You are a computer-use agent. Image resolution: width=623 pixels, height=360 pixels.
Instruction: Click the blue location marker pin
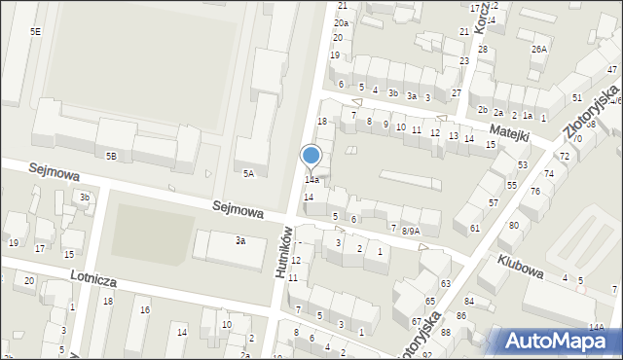coord(311,157)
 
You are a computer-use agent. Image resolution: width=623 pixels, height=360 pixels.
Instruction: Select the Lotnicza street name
coord(94,281)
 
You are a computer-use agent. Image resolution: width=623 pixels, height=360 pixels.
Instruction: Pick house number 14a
coord(311,180)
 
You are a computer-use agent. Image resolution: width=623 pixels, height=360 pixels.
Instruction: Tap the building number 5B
coord(111,156)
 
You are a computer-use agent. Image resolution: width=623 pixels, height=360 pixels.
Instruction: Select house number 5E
coord(35,32)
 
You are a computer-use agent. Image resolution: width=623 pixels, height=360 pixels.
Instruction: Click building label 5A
coord(248,174)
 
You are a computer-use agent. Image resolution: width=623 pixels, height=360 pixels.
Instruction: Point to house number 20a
coord(341,22)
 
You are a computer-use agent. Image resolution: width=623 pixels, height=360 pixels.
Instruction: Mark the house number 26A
coord(538,49)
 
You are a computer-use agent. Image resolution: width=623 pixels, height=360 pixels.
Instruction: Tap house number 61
coord(474,228)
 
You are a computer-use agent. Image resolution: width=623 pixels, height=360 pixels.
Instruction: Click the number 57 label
coord(494,202)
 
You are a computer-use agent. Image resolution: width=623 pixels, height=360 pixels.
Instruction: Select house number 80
coord(513,226)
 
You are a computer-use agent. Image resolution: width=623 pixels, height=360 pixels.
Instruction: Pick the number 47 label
coord(611,69)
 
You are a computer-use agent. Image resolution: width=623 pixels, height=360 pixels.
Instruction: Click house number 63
coord(445,283)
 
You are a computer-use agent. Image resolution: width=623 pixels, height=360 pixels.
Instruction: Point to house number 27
coord(456,92)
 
